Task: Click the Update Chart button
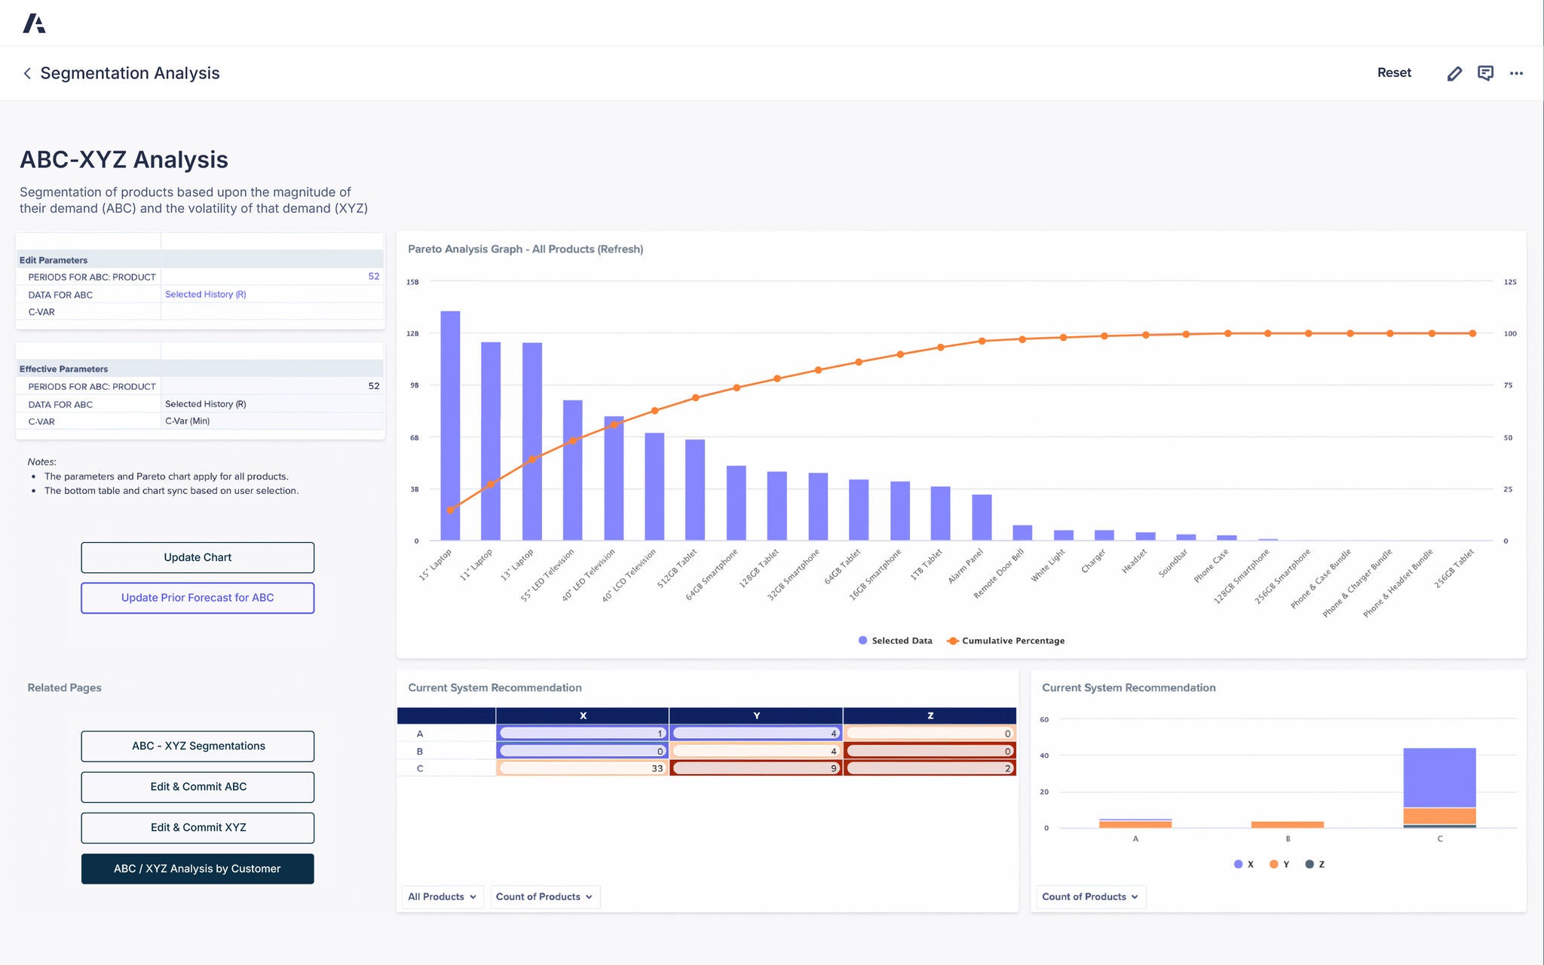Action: (198, 557)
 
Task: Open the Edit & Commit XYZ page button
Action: (198, 827)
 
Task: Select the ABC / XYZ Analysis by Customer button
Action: (198, 868)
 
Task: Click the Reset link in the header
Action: (1394, 72)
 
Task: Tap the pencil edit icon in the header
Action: (1454, 73)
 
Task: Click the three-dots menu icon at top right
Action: (1516, 73)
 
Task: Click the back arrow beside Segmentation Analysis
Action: (27, 73)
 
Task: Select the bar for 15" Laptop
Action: (450, 426)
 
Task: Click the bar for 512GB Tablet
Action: (694, 490)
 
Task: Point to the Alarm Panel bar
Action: (981, 517)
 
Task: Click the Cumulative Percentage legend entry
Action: (1006, 641)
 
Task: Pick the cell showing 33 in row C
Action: (582, 768)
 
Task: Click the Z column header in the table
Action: (930, 715)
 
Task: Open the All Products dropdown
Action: (442, 896)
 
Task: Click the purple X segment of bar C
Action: (1438, 777)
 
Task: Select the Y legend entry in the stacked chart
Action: (1279, 864)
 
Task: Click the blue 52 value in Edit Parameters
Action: (373, 277)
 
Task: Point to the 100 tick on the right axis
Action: (1509, 333)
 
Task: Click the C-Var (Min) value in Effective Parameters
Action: (188, 421)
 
